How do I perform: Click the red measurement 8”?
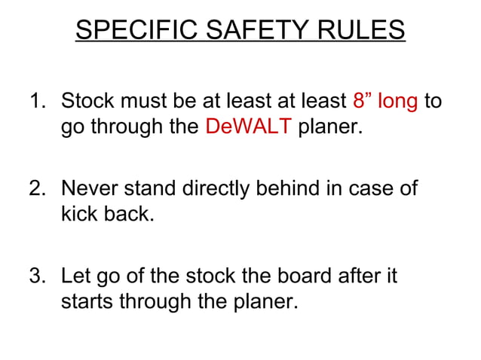(362, 100)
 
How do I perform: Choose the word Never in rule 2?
(88, 188)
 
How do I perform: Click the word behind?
(294, 188)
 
